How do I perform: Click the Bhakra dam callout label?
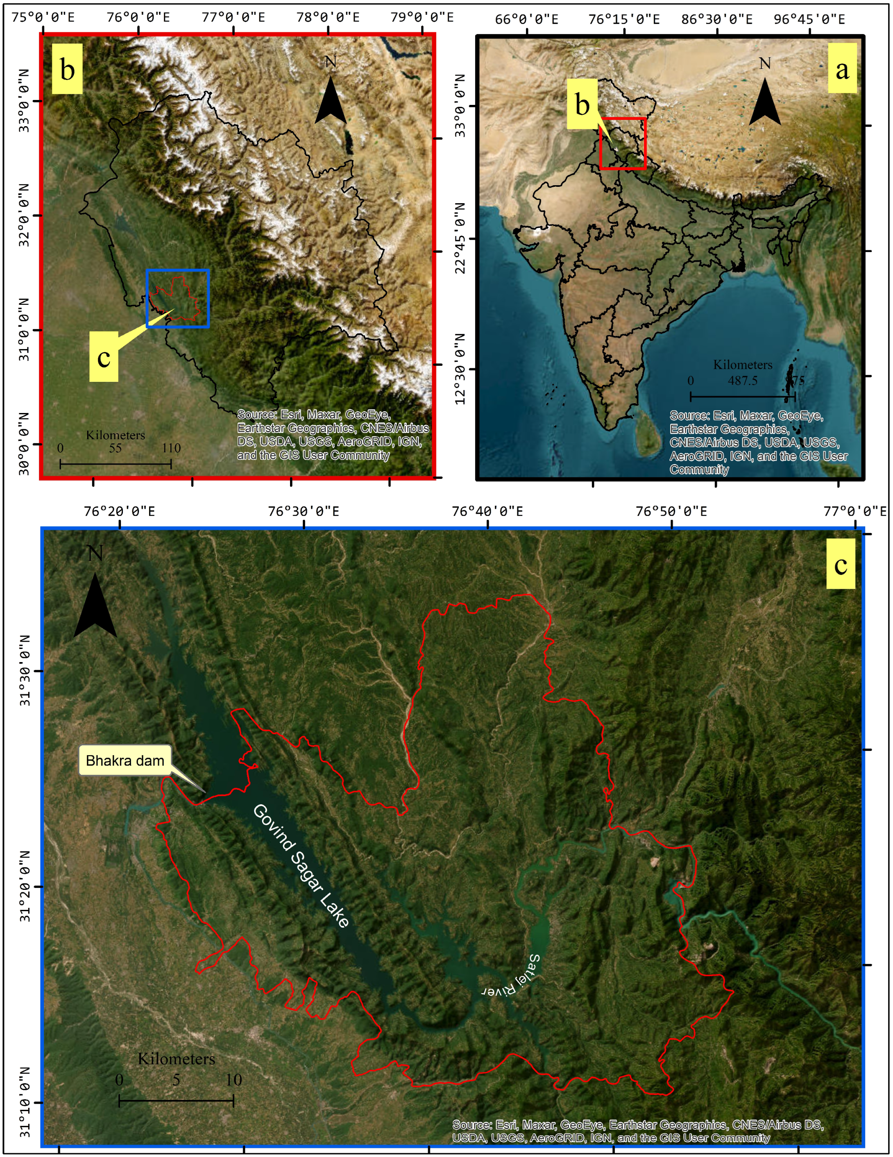[125, 761]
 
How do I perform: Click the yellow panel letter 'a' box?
[842, 68]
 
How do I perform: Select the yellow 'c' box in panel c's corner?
[841, 564]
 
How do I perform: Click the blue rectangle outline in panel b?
[177, 270]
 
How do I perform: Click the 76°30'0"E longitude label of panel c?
[304, 511]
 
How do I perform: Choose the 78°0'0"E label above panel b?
[328, 18]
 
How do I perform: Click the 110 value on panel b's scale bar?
[171, 448]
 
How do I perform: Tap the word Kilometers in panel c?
[177, 1059]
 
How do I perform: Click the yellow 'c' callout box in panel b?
[104, 356]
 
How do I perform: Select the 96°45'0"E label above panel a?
[809, 20]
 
